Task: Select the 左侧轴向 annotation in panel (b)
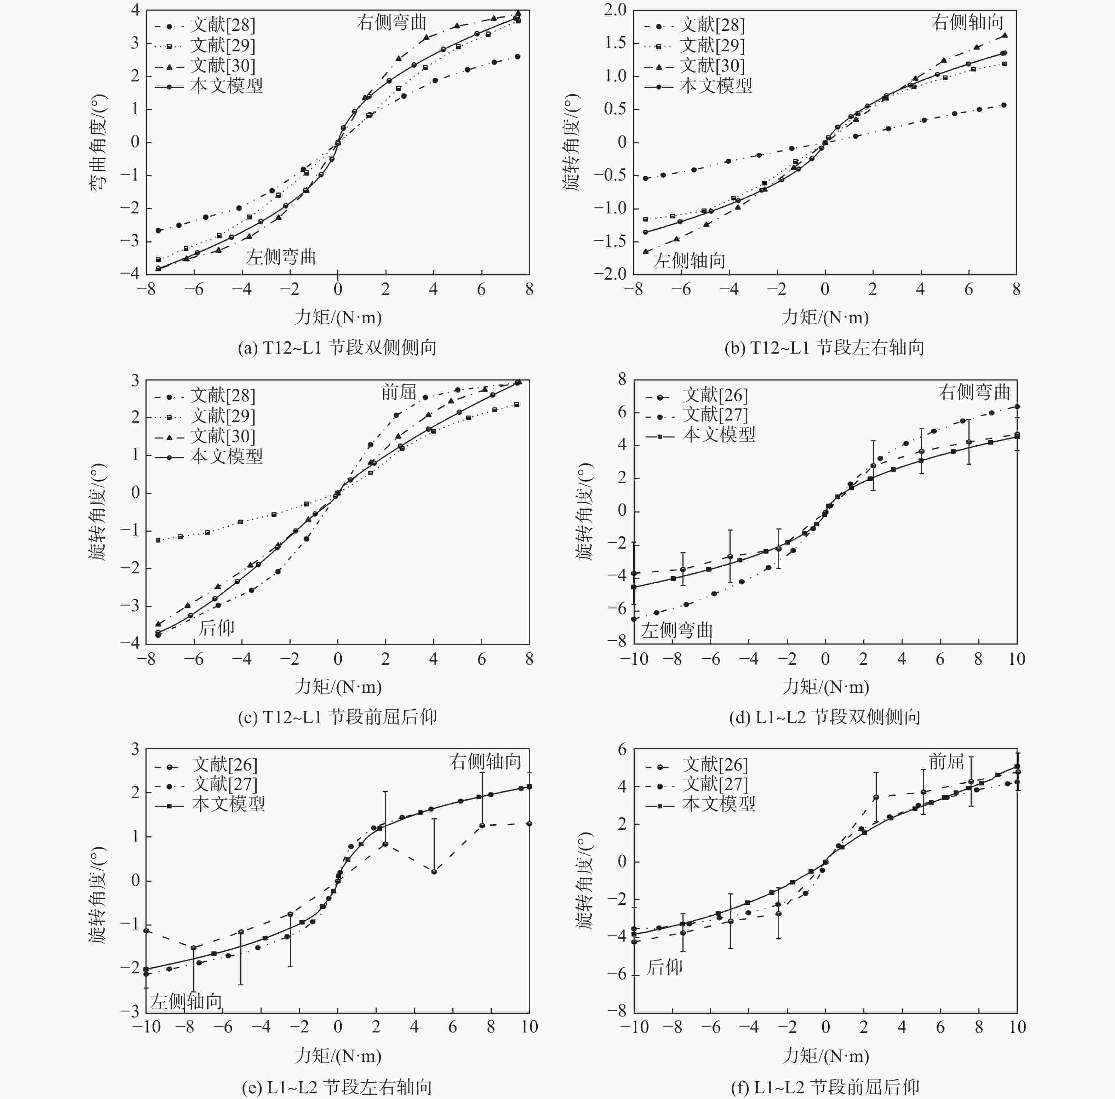(x=689, y=261)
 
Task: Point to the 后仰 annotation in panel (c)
(x=216, y=628)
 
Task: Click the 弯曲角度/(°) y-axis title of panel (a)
(x=98, y=142)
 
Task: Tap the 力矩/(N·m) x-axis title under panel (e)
(x=338, y=1056)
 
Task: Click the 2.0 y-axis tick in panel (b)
(x=614, y=10)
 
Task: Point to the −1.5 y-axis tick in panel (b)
(x=610, y=241)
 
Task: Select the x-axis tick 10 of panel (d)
(x=1016, y=659)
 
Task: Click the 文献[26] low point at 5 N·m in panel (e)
(x=433, y=871)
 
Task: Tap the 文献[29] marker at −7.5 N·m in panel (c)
(x=158, y=540)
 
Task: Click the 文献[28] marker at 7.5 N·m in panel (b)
(x=1004, y=105)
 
